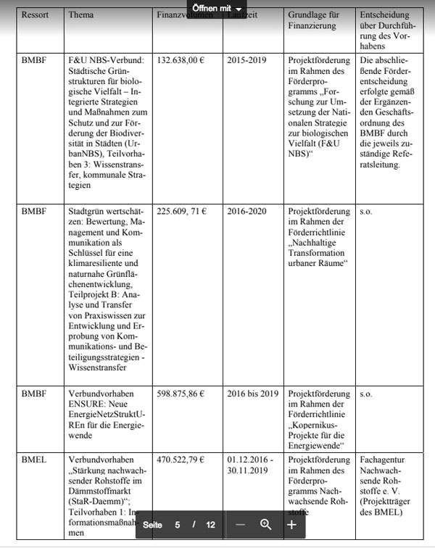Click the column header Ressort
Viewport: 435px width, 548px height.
(x=36, y=14)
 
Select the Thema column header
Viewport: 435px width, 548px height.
(x=81, y=14)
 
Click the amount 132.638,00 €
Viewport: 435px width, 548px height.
(x=181, y=59)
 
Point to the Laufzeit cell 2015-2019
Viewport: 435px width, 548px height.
(x=247, y=59)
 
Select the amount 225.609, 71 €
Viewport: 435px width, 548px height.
(x=182, y=211)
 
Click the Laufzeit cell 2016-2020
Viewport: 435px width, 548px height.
(x=247, y=211)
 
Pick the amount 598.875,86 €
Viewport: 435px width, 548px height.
(x=181, y=394)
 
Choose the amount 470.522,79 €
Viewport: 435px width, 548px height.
(x=181, y=459)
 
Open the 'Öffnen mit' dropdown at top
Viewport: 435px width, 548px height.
(x=217, y=7)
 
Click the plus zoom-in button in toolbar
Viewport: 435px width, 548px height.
(x=291, y=524)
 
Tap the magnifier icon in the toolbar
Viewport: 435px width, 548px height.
(x=265, y=524)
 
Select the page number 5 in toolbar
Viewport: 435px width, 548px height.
(x=178, y=524)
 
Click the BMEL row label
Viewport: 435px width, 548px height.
(x=35, y=459)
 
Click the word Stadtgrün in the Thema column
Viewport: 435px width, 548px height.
(x=88, y=211)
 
